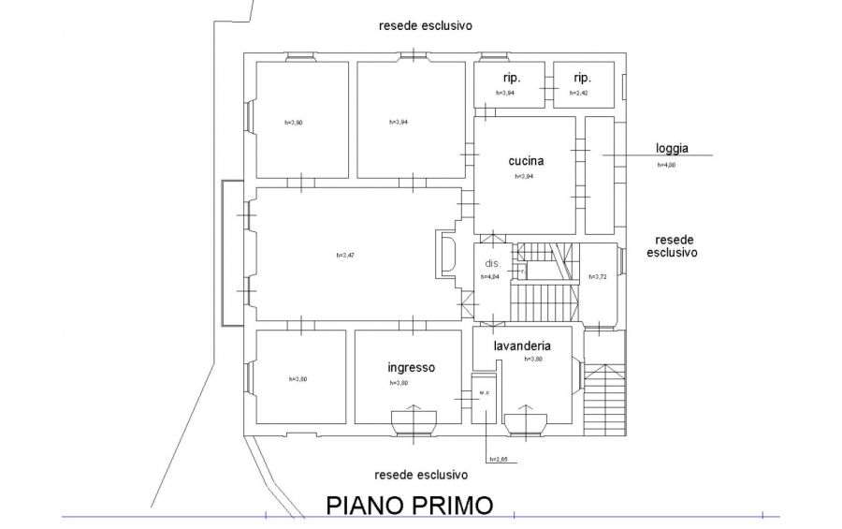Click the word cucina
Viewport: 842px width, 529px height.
[x=526, y=160]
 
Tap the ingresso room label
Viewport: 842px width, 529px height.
[x=412, y=367]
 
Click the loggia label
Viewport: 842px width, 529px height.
[x=672, y=148]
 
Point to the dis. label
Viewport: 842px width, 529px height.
[x=492, y=263]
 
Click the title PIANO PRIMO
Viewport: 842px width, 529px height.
[x=409, y=506]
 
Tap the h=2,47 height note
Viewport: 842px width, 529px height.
[x=347, y=256]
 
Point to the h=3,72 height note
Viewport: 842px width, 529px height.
[x=598, y=277]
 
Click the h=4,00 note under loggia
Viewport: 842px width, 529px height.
[x=666, y=165]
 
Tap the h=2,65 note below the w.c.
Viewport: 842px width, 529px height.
[x=498, y=459]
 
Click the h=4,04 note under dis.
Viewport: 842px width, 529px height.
[x=491, y=277]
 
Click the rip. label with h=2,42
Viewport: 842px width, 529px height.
[x=582, y=77]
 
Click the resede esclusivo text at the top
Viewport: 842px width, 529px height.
[x=425, y=26]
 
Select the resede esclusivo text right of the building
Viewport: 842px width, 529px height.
[x=672, y=245]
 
